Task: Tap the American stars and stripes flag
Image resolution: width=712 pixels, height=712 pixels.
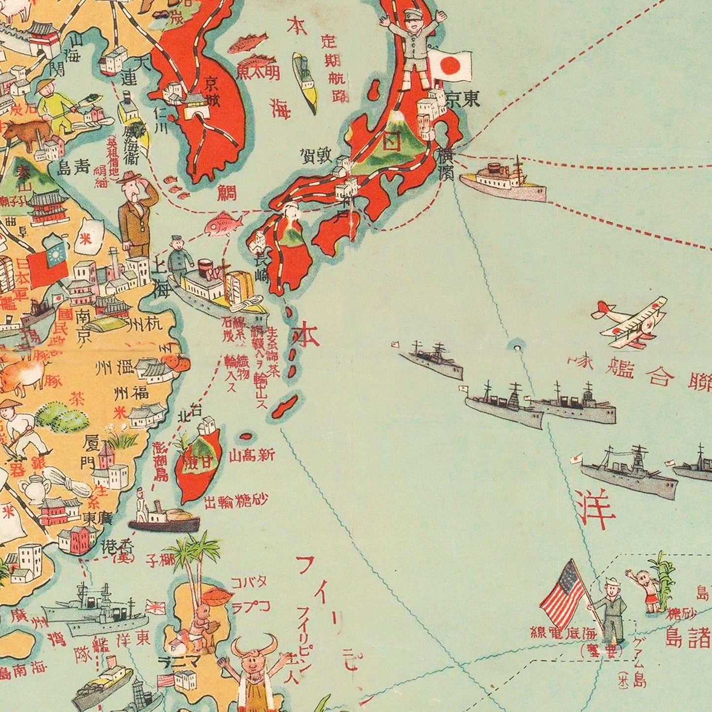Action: tap(563, 591)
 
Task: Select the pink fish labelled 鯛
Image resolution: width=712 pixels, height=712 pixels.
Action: tap(223, 225)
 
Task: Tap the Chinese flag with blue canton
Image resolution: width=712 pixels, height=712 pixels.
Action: tap(48, 261)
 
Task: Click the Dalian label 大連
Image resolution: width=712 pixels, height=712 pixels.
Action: tap(131, 71)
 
